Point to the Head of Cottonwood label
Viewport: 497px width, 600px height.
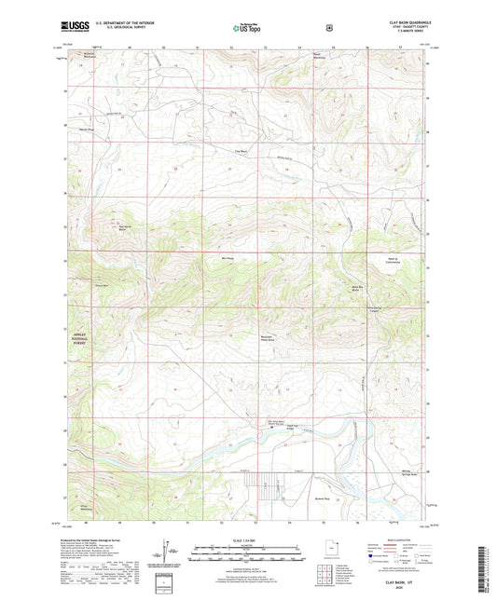tap(385, 261)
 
